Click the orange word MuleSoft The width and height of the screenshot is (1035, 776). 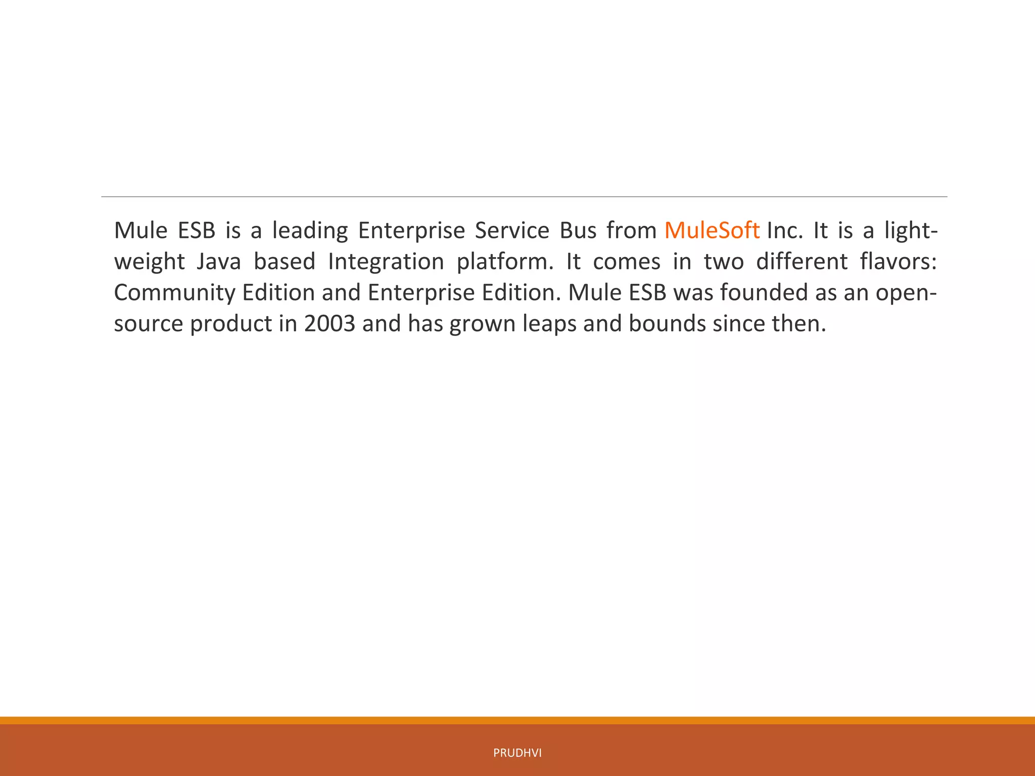point(712,230)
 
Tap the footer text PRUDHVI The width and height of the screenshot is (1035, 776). point(517,753)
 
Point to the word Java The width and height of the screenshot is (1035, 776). point(218,262)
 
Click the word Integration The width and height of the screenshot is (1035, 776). point(386,262)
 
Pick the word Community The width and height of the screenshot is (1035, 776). point(174,293)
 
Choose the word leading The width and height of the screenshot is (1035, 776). point(310,230)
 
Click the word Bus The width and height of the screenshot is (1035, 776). point(578,230)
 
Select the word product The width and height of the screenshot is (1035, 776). point(231,323)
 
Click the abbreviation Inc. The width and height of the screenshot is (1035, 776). point(784,230)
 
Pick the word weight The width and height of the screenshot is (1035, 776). point(149,262)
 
